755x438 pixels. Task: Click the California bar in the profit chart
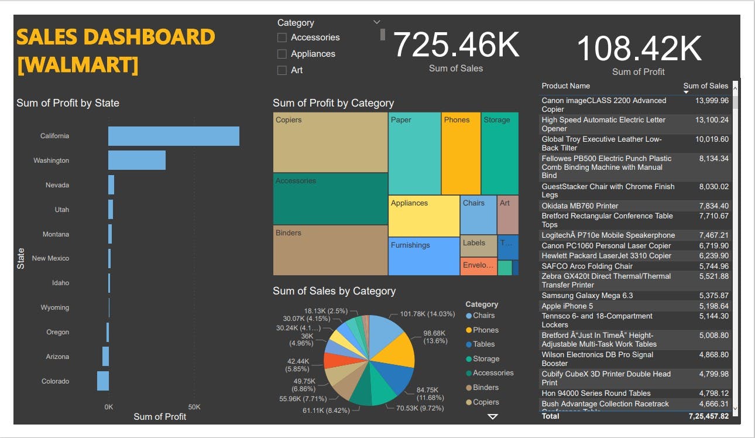tap(173, 136)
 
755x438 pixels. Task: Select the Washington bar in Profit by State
tap(136, 160)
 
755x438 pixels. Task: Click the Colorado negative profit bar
tap(103, 381)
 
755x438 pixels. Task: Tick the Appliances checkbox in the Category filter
tap(282, 54)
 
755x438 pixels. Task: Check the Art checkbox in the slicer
tap(282, 70)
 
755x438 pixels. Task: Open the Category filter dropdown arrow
tap(376, 22)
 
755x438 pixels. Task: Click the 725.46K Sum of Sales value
tap(455, 45)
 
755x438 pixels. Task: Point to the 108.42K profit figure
tap(639, 49)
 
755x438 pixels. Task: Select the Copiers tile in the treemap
tap(330, 142)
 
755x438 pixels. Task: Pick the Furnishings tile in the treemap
tap(424, 256)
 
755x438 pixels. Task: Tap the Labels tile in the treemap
tap(478, 245)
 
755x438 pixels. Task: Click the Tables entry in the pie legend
tap(483, 344)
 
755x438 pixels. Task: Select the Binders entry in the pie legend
tap(485, 388)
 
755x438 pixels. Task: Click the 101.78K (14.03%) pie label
tap(427, 314)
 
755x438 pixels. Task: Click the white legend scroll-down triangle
tap(493, 416)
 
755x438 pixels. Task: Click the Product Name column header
tap(565, 86)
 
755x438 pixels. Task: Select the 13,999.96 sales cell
tap(712, 101)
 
